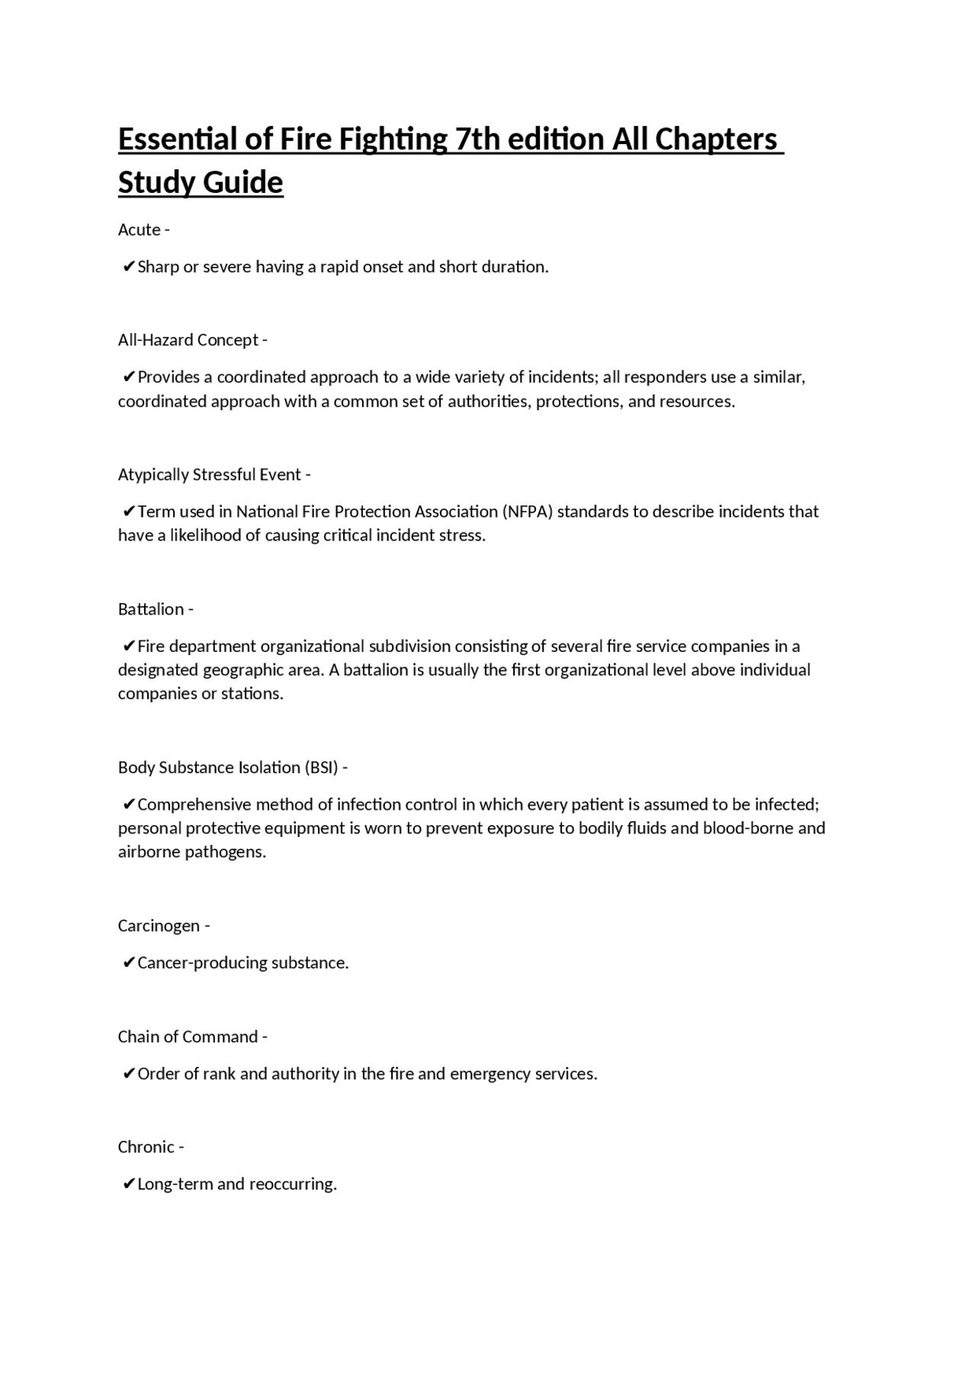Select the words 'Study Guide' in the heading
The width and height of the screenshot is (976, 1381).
pyautogui.click(x=201, y=183)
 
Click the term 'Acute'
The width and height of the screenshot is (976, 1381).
pyautogui.click(x=140, y=230)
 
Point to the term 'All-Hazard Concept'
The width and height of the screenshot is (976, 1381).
pyautogui.click(x=188, y=340)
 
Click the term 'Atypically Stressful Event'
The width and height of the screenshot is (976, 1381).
pyautogui.click(x=210, y=474)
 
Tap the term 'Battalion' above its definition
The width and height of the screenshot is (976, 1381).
pyautogui.click(x=151, y=609)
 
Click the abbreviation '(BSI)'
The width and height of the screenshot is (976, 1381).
pyautogui.click(x=320, y=767)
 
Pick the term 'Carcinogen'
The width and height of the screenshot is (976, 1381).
pyautogui.click(x=159, y=926)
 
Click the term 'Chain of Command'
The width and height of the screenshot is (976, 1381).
pyautogui.click(x=188, y=1037)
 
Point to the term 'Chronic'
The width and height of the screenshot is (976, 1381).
pyautogui.click(x=146, y=1147)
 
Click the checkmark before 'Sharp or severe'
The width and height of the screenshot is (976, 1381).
pyautogui.click(x=129, y=267)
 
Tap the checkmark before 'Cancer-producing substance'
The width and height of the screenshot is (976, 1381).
pyautogui.click(x=129, y=963)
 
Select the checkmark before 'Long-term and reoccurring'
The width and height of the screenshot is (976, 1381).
pyautogui.click(x=129, y=1184)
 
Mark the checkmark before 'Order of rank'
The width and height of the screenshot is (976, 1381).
pyautogui.click(x=129, y=1074)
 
